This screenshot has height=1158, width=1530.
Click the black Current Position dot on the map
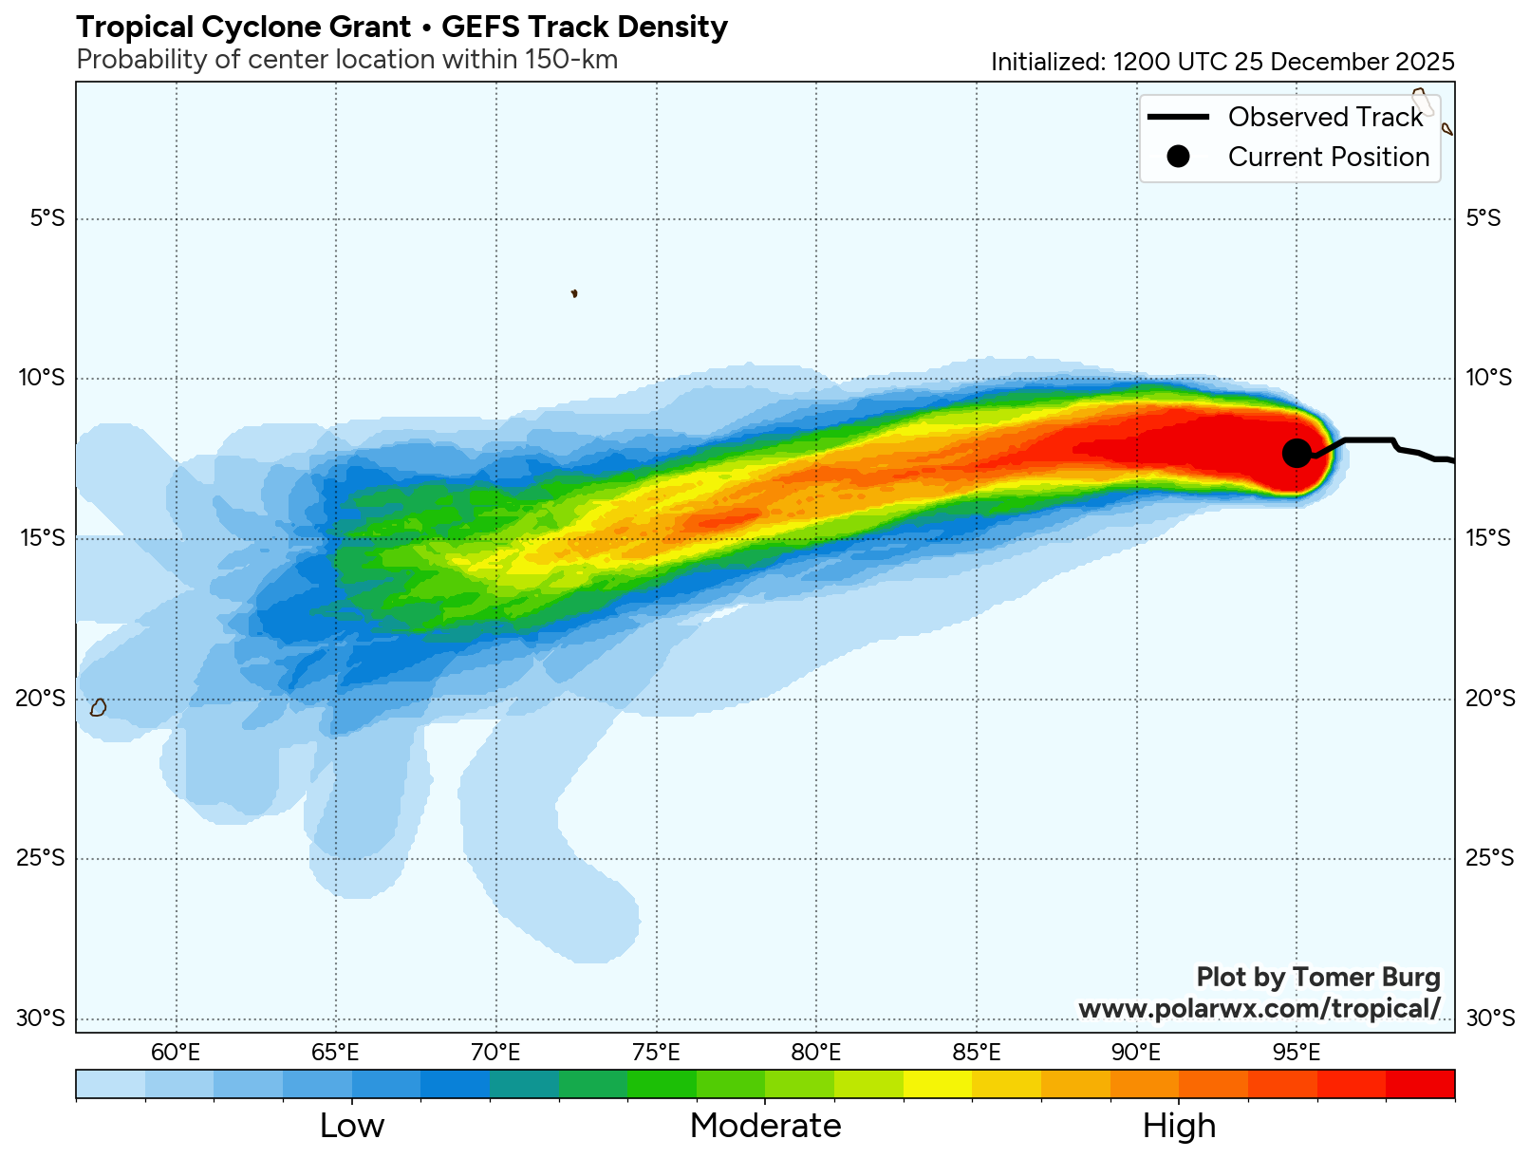[x=1297, y=454]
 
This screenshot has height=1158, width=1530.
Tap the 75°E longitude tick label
[x=656, y=1053]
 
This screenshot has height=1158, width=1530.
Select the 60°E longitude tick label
[x=176, y=1053]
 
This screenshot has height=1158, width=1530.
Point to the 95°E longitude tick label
[x=1297, y=1053]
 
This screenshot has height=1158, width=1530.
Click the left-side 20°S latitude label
[x=41, y=699]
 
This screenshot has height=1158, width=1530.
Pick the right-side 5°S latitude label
[x=1483, y=218]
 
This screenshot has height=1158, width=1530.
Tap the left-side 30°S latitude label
[x=41, y=1019]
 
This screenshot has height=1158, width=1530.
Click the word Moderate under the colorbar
[x=765, y=1126]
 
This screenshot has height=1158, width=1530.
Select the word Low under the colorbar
[x=352, y=1126]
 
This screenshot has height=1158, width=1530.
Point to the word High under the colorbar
[x=1179, y=1126]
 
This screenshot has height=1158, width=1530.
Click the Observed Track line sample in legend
[x=1178, y=117]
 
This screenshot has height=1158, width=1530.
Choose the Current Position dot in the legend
[x=1178, y=157]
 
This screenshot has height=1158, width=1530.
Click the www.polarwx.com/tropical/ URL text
[x=1259, y=1008]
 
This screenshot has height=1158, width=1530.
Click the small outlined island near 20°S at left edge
[x=98, y=707]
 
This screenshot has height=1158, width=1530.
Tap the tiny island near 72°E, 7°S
[x=574, y=293]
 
